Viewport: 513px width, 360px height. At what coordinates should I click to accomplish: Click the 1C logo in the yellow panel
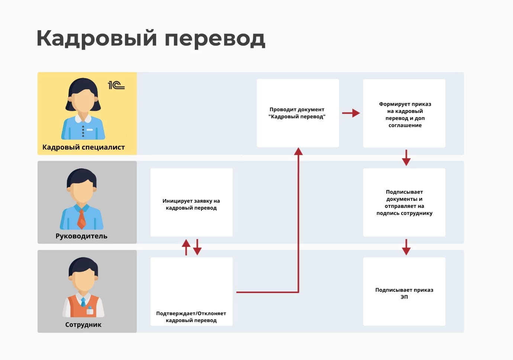116,85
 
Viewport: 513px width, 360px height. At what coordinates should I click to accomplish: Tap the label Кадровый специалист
84,147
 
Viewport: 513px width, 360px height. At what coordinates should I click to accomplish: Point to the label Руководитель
81,236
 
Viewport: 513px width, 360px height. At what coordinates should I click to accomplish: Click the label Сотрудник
83,325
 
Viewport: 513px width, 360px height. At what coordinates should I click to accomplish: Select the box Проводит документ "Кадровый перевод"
297,113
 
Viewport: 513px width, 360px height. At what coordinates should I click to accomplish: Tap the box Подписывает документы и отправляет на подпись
404,203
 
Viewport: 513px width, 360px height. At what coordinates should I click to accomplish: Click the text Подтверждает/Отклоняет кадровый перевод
191,317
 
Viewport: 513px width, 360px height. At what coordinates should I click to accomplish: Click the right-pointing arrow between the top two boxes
351,113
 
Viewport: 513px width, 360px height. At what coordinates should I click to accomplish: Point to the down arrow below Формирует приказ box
406,158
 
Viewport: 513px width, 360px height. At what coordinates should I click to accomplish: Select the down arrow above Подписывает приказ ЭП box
406,247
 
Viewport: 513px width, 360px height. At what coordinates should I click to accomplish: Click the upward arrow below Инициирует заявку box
186,247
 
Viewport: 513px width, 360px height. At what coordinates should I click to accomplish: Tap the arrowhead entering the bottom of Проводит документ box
299,151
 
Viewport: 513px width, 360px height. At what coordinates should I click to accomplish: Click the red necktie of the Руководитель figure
81,219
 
